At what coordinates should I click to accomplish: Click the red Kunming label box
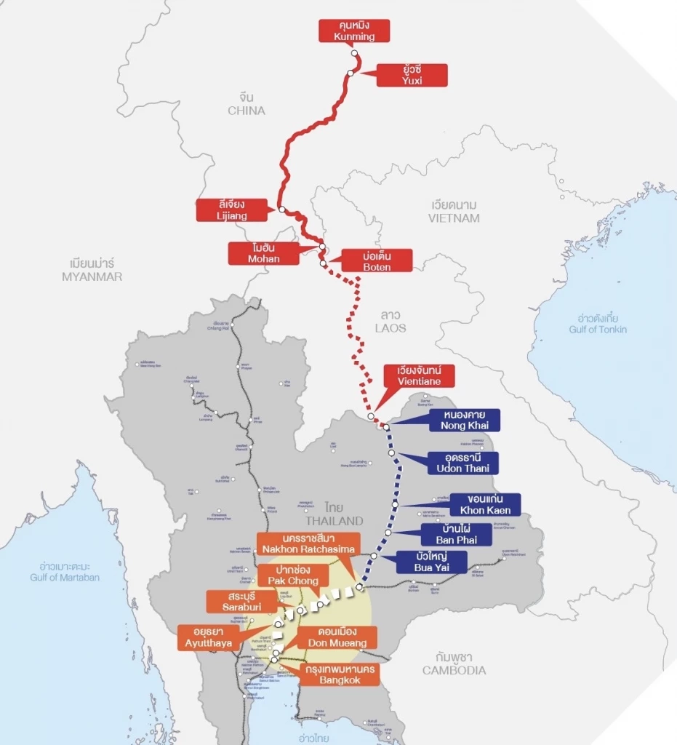[354, 31]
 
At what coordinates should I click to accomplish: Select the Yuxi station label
[412, 75]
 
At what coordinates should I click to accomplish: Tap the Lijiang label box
[232, 210]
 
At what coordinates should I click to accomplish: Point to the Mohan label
[263, 253]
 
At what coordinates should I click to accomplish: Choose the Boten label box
[377, 260]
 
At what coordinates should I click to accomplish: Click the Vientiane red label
[420, 375]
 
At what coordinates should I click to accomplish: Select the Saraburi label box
[241, 601]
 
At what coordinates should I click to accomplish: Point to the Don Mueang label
[337, 637]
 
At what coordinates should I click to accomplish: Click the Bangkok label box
[339, 674]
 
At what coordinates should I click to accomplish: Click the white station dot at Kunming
[355, 54]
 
